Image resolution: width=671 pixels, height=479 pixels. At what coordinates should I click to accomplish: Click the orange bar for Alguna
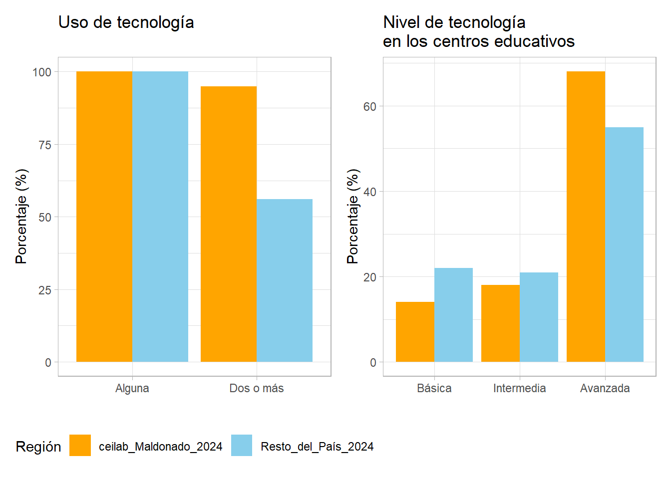pos(104,217)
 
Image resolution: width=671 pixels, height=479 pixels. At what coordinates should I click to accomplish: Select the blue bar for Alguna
pos(160,217)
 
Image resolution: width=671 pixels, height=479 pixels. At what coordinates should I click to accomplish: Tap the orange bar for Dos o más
pos(229,224)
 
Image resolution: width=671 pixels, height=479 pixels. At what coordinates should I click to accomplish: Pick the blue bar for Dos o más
pos(285,280)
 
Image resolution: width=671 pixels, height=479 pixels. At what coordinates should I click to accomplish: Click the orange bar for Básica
pos(415,332)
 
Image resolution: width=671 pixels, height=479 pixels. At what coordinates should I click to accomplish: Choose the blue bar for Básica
pos(453,315)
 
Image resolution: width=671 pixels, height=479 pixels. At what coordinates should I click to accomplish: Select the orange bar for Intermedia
pos(500,323)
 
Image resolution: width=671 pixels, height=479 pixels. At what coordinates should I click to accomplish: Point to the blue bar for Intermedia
pos(539,317)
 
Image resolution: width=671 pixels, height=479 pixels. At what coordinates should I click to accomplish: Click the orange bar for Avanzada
pos(586,217)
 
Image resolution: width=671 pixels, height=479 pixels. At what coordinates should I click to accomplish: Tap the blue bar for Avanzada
pos(624,244)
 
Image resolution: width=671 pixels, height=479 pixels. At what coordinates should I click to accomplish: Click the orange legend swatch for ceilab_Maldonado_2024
pos(80,446)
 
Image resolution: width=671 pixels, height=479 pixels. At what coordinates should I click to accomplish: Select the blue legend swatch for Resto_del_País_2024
pos(242,446)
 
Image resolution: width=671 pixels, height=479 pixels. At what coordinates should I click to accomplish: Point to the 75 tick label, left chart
pos(45,145)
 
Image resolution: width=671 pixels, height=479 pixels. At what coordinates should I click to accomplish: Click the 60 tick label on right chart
pos(369,106)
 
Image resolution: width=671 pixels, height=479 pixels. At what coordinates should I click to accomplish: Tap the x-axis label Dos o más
pos(256,388)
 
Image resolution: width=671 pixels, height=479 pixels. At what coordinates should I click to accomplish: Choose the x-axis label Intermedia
pos(519,388)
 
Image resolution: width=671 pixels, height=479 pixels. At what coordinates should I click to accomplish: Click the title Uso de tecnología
pos(126,22)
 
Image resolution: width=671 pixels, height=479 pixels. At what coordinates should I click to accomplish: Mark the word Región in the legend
pos(38,447)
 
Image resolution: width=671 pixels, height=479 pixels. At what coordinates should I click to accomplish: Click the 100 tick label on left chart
pos(42,72)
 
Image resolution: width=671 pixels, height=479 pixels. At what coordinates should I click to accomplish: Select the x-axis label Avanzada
pos(605,388)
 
